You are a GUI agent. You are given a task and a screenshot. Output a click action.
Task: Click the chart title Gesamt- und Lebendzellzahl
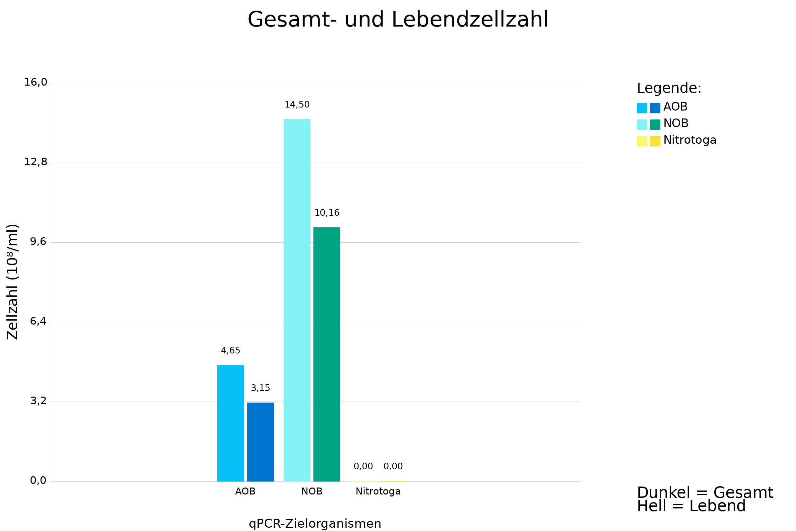pos(398,20)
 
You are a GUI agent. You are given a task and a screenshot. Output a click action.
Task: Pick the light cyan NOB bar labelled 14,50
pos(297,300)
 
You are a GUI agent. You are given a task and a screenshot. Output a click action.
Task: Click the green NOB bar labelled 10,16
pos(327,354)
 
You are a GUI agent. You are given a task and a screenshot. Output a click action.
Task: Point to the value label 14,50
pos(297,105)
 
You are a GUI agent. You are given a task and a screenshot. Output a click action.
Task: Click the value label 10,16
pos(327,213)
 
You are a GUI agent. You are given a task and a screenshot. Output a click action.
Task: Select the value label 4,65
pos(231,351)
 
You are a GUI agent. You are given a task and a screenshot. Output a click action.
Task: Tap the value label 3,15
pos(260,388)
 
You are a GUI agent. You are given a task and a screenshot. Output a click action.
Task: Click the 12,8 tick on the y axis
pos(35,162)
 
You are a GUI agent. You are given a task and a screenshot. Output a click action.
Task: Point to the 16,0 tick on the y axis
pos(35,82)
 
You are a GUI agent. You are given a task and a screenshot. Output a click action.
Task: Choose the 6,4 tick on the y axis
pos(38,321)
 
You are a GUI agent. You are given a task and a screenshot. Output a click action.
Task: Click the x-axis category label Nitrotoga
pos(378,492)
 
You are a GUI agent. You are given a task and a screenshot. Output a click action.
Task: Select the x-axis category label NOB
pos(312,492)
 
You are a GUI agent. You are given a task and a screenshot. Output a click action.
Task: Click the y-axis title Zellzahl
pos(13,282)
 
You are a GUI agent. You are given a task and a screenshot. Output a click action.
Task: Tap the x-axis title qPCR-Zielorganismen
pos(315,524)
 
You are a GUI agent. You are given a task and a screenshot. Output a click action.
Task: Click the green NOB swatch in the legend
pos(655,125)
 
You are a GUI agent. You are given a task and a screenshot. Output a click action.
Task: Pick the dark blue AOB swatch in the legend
pos(655,108)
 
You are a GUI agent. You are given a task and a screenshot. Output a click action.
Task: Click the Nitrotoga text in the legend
pos(690,140)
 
